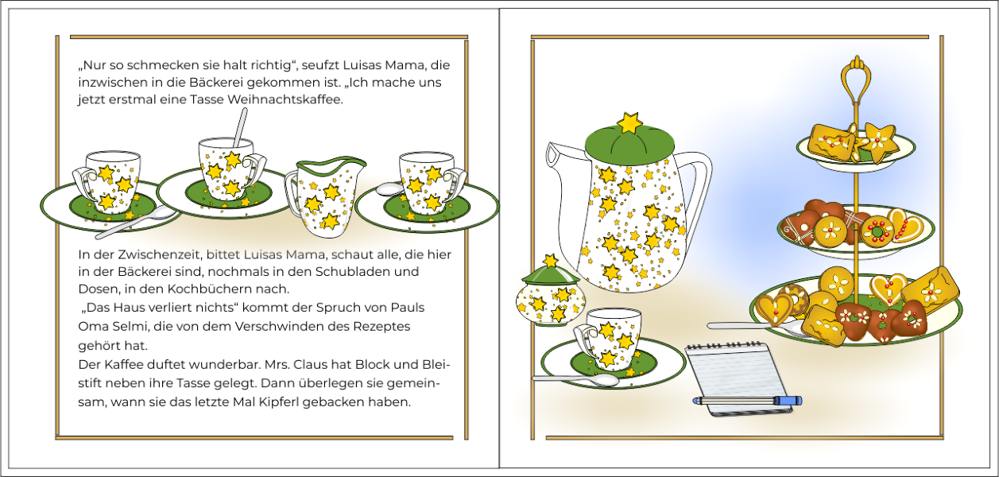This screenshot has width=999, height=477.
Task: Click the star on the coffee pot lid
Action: (629, 122)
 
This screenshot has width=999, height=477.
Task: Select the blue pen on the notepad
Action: (747, 401)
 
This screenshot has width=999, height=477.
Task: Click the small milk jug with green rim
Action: (323, 196)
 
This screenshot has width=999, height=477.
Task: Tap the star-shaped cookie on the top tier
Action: (878, 142)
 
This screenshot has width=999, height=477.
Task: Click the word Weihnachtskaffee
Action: (285, 99)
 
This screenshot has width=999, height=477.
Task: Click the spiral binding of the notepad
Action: (723, 345)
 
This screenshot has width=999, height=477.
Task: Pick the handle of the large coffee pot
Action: (696, 179)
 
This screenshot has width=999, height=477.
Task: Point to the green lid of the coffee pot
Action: (629, 144)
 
